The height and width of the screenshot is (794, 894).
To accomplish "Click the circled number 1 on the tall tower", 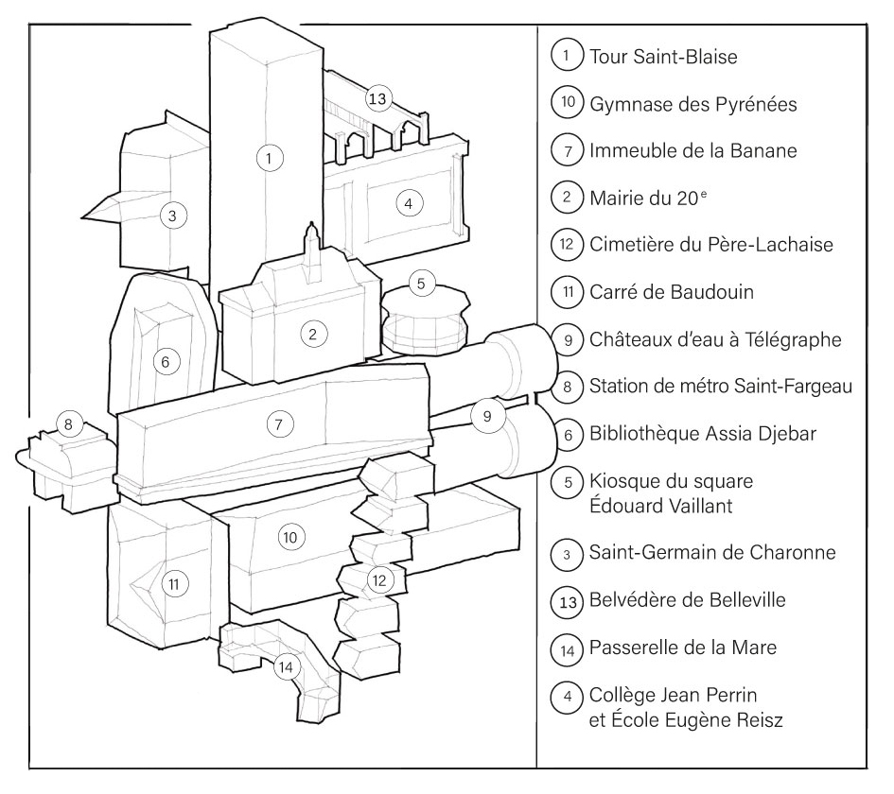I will click(x=271, y=159).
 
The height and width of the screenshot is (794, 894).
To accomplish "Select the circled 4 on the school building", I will click(x=408, y=202).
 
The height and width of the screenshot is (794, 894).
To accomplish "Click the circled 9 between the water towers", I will click(x=487, y=416).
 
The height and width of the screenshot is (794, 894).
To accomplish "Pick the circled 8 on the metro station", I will click(x=69, y=423).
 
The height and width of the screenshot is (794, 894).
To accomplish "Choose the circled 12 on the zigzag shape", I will click(x=378, y=578).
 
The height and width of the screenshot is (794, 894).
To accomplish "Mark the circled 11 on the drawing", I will click(x=173, y=584).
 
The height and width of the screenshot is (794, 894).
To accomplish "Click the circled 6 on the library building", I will click(x=166, y=362).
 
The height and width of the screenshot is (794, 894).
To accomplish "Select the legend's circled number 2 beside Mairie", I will click(x=565, y=198).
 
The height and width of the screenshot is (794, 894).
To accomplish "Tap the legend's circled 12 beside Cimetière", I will click(x=565, y=245).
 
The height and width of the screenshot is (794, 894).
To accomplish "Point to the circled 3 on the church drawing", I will click(x=171, y=216).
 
